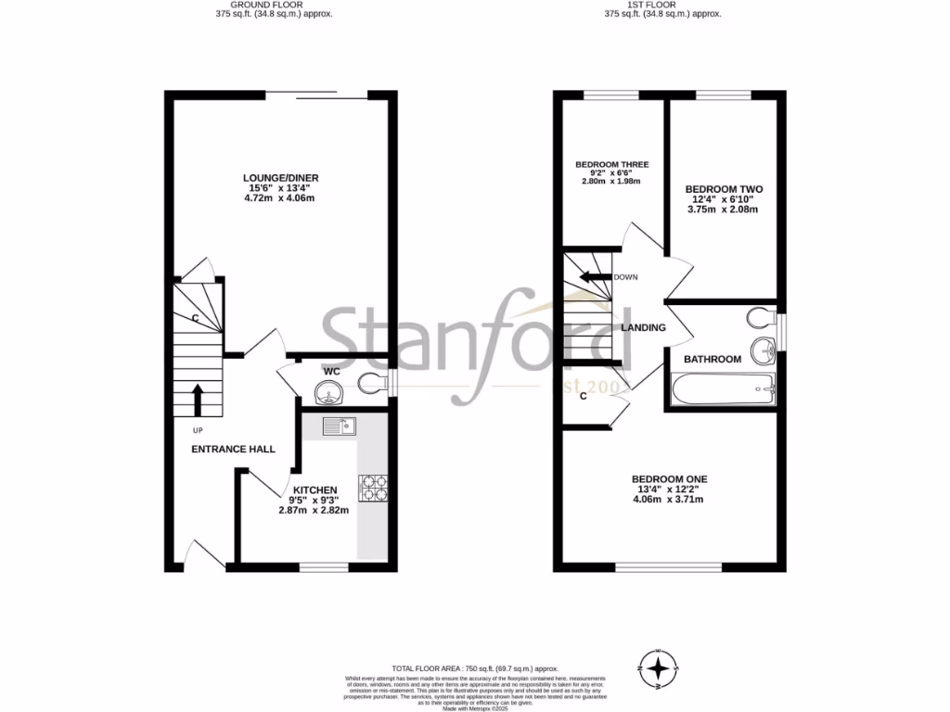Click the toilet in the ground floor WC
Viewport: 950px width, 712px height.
[x=375, y=382]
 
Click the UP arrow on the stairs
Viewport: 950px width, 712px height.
[x=197, y=400]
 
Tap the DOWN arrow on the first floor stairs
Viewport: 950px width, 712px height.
[x=592, y=276]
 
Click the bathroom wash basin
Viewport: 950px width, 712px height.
[x=764, y=350]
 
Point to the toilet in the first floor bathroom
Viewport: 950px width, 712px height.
[x=759, y=319]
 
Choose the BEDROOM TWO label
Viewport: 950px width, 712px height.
[x=725, y=188]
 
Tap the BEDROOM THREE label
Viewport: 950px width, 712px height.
[x=612, y=165]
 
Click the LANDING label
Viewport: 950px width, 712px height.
[x=644, y=328]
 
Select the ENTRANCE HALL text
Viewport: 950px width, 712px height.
[x=233, y=449]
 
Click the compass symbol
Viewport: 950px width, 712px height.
[x=658, y=668]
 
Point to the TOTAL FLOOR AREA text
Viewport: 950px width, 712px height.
[x=474, y=668]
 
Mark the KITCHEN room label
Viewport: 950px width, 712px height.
[x=315, y=489]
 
